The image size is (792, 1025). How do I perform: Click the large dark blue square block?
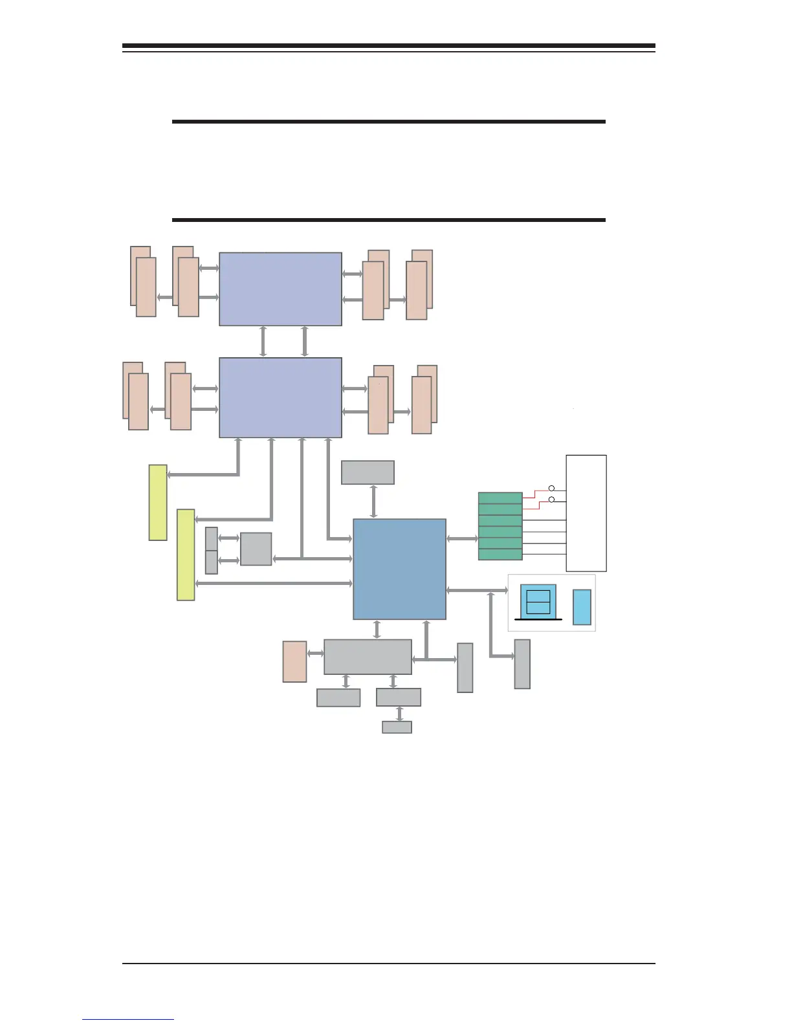[399, 569]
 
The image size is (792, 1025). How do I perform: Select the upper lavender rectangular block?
[280, 289]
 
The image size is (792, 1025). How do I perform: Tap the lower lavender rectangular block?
[280, 397]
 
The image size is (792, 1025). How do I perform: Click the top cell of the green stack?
[500, 498]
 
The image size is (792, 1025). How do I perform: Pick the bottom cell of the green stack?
[500, 555]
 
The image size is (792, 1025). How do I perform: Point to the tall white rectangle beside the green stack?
[586, 513]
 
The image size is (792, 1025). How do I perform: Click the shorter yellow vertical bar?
[158, 502]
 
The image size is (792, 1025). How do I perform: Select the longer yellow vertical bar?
[186, 555]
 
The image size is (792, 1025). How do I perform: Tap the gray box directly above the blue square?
[368, 472]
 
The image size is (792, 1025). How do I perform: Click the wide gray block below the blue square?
[368, 657]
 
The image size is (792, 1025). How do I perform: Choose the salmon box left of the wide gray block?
[294, 661]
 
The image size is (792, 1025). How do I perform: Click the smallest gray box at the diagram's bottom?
[397, 727]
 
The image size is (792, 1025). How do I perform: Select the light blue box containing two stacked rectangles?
[538, 602]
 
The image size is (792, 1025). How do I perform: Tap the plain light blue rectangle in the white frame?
[582, 607]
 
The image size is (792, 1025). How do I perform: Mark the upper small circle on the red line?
[551, 488]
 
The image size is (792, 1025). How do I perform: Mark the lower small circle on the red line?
[551, 500]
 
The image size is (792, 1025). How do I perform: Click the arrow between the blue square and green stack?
[462, 538]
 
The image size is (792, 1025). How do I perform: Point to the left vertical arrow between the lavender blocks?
[263, 342]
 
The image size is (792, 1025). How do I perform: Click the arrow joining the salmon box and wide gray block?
[315, 654]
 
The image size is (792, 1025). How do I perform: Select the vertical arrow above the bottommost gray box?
[400, 714]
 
